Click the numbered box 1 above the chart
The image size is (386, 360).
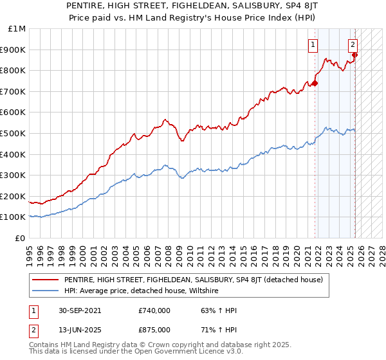[x=312, y=45]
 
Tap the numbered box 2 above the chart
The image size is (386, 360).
[x=353, y=45]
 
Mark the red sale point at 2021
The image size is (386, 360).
[x=315, y=83]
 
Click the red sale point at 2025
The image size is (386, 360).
[x=354, y=55]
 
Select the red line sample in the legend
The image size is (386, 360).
[x=45, y=280]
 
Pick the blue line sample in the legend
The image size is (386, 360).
[x=45, y=291]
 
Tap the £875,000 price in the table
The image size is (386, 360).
[x=153, y=330]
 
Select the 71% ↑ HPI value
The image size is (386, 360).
[x=219, y=330]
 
